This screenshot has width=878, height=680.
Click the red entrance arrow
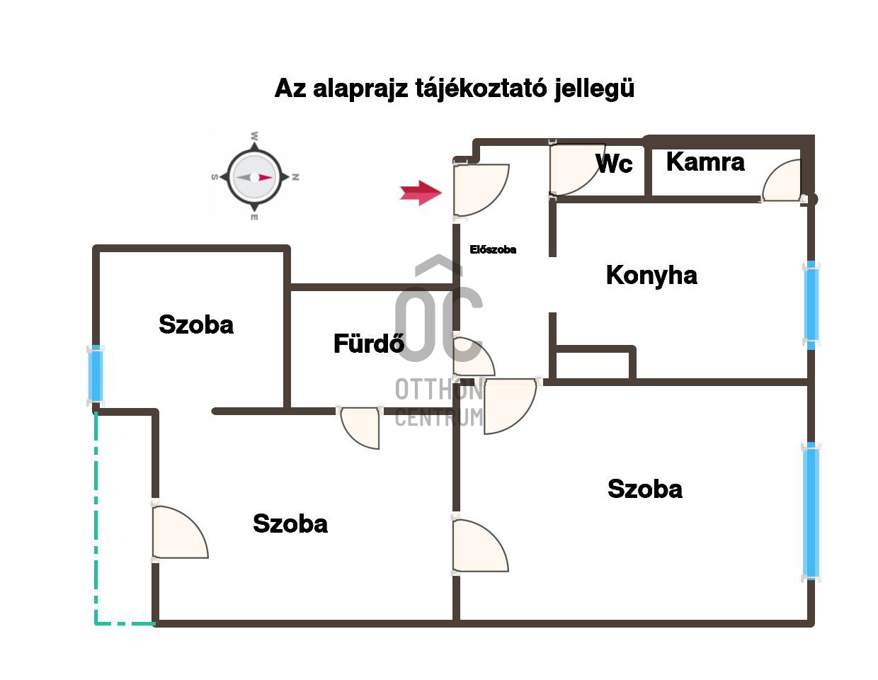[x=420, y=193]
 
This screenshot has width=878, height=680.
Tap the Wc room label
[x=614, y=164]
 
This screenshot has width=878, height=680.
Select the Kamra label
[x=705, y=162]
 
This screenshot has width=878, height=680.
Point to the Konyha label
[x=651, y=276]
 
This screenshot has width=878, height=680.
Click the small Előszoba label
[x=493, y=250]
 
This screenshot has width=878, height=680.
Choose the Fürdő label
[x=368, y=344]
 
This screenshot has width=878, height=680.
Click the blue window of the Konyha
[x=811, y=305]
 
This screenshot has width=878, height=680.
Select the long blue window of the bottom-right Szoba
[x=811, y=512]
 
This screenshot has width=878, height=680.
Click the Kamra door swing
[x=782, y=180]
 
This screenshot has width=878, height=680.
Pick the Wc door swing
[x=577, y=170]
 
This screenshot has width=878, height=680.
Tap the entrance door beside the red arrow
[x=481, y=190]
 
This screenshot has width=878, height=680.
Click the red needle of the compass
[x=265, y=177]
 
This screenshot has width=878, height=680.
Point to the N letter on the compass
[x=296, y=177]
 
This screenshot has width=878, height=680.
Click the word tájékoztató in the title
[x=480, y=89]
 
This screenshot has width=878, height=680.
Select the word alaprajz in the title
[x=360, y=89]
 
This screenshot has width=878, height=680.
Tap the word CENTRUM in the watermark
[x=439, y=417]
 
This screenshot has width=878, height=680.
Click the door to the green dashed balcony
[x=181, y=532]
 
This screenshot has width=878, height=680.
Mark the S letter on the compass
[x=215, y=177]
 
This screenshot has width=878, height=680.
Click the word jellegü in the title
[x=593, y=89]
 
